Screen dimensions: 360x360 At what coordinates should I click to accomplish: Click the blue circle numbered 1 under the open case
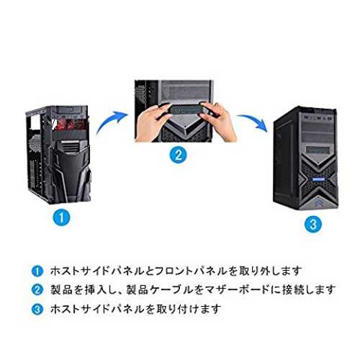tap(61, 217)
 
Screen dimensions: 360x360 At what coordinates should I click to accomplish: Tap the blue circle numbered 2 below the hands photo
tap(178, 155)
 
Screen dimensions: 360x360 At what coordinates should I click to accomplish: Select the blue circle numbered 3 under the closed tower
tap(313, 225)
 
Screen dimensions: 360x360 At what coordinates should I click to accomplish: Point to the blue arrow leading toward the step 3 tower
tap(254, 121)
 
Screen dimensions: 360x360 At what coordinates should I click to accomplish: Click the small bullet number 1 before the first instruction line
tap(37, 271)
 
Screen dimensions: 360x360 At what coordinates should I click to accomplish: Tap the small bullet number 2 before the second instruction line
tap(37, 289)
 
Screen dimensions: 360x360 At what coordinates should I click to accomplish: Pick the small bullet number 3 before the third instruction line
tap(37, 309)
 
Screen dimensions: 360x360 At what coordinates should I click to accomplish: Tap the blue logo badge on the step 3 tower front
tap(318, 179)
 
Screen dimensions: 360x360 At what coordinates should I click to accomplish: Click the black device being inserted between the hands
tap(185, 111)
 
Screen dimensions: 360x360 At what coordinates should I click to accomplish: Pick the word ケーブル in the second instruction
tap(171, 289)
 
